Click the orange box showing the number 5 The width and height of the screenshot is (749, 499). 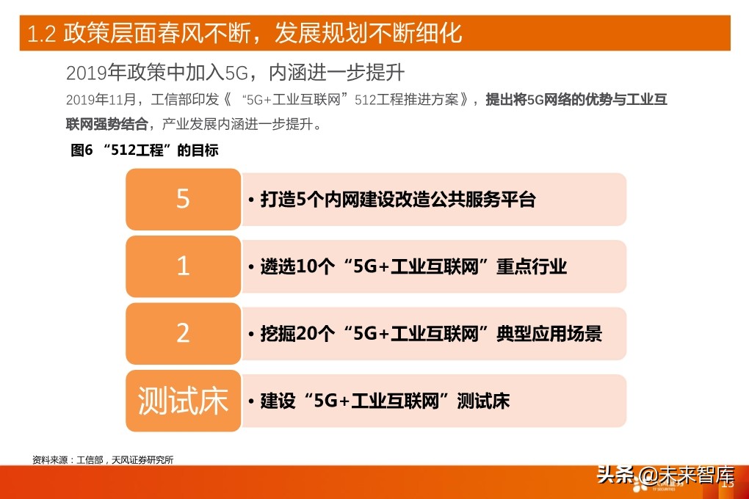[183, 199]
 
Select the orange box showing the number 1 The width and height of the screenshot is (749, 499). [183, 266]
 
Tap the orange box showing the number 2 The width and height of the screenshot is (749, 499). [183, 333]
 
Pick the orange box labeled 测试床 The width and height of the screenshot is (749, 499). [183, 401]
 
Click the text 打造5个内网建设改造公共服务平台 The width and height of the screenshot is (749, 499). [399, 200]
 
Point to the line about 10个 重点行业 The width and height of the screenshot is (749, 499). [414, 266]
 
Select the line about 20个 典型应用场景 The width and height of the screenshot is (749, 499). [432, 334]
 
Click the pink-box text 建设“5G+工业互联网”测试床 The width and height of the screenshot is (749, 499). [385, 401]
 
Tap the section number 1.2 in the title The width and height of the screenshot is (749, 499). [42, 34]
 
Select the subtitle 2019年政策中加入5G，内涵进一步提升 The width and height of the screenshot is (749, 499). [236, 73]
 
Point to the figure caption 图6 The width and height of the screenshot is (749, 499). [81, 150]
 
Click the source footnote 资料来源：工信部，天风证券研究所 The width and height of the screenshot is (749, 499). [103, 459]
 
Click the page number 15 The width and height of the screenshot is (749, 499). [728, 484]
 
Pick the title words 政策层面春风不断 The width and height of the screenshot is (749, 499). [157, 34]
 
